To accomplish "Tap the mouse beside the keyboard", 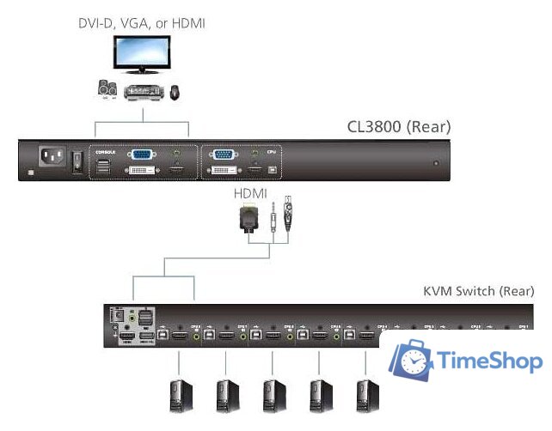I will click(175, 90).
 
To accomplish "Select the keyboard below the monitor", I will click(143, 92).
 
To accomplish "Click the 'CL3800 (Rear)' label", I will click(399, 128).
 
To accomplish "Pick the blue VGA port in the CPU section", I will click(224, 155).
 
